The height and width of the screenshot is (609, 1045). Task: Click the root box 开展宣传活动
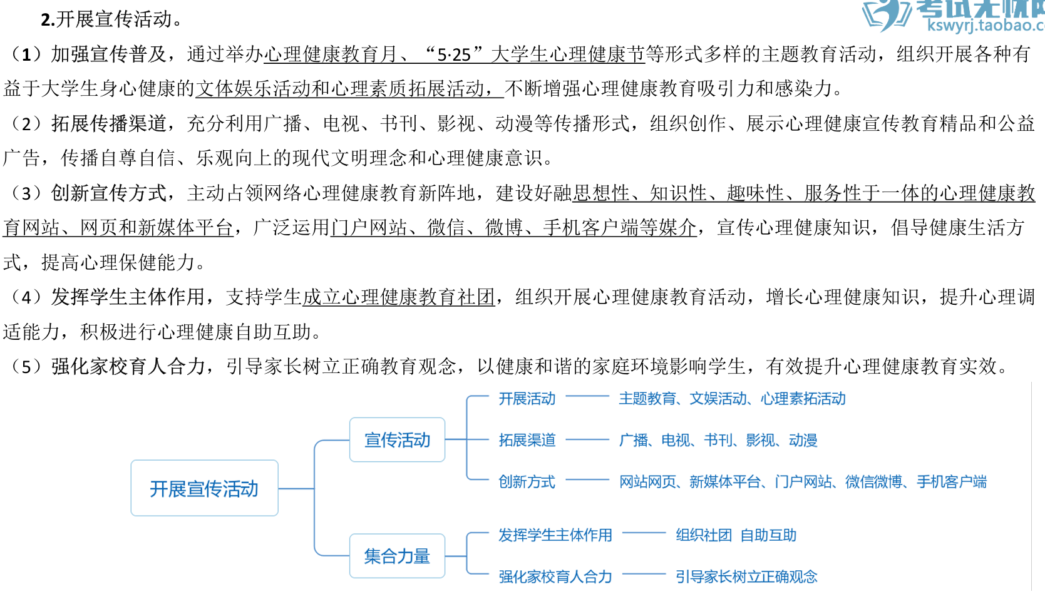pyautogui.click(x=204, y=488)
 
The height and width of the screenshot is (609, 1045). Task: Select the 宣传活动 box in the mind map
pyautogui.click(x=397, y=440)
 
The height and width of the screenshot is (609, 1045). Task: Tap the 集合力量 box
pyautogui.click(x=397, y=556)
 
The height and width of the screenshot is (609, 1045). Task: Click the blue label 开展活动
pyautogui.click(x=527, y=399)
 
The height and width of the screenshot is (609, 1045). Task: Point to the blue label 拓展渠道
pyautogui.click(x=527, y=440)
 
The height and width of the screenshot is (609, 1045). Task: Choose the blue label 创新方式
pyautogui.click(x=527, y=481)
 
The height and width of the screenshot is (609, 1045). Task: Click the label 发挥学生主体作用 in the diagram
pyautogui.click(x=555, y=535)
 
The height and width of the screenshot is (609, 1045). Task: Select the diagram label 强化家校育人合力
pyautogui.click(x=555, y=576)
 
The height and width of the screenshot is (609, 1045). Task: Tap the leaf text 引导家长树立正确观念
pyautogui.click(x=746, y=576)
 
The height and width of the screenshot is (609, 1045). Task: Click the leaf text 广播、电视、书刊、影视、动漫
pyautogui.click(x=718, y=440)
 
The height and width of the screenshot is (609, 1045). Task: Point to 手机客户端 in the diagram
pyautogui.click(x=952, y=481)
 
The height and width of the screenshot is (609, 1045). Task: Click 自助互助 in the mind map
pyautogui.click(x=768, y=535)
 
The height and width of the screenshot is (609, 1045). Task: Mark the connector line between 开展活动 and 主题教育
pyautogui.click(x=587, y=396)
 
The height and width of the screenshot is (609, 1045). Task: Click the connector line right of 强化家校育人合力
pyautogui.click(x=644, y=574)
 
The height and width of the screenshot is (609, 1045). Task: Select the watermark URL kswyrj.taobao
pyautogui.click(x=985, y=26)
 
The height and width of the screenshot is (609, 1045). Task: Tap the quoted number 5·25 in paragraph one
pyautogui.click(x=453, y=55)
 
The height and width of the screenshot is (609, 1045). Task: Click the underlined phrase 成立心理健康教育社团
pyautogui.click(x=399, y=297)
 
